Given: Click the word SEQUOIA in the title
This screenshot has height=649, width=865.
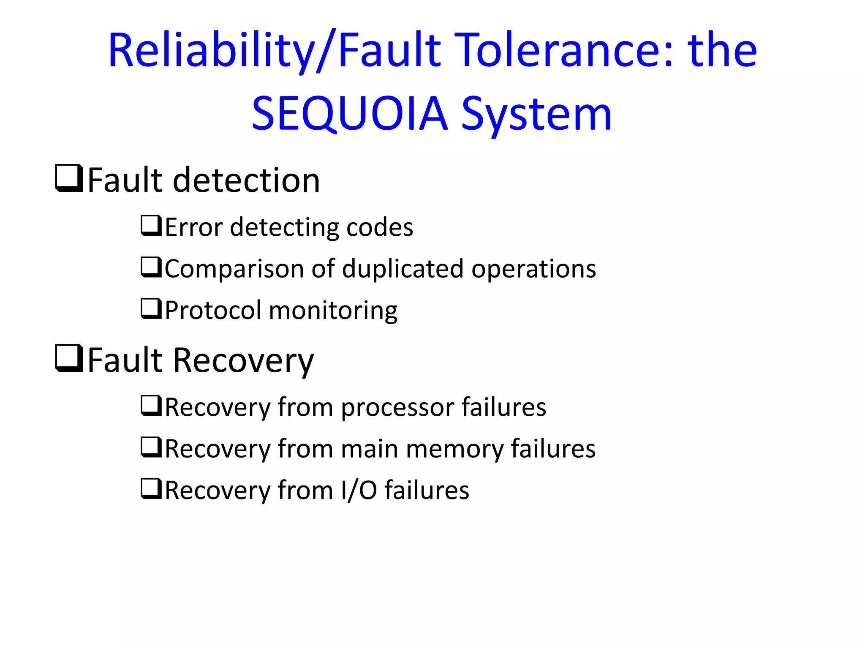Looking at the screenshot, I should click(x=349, y=113).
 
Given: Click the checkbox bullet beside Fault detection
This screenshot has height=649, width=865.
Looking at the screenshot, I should click(x=69, y=179).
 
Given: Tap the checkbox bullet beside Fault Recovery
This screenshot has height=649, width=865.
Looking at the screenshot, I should click(x=69, y=359).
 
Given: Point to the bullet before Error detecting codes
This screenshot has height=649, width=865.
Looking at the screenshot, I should click(x=151, y=226).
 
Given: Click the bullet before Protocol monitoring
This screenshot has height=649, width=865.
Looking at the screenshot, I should click(x=151, y=309).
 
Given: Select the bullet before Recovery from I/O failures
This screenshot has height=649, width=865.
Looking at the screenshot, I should click(x=151, y=489).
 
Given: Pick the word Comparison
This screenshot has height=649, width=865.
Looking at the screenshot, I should click(x=234, y=269).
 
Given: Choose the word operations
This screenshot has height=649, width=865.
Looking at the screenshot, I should click(x=533, y=269).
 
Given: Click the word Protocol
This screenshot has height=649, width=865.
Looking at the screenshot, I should click(x=213, y=310).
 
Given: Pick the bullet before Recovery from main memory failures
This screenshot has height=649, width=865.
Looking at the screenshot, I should click(x=151, y=448).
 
